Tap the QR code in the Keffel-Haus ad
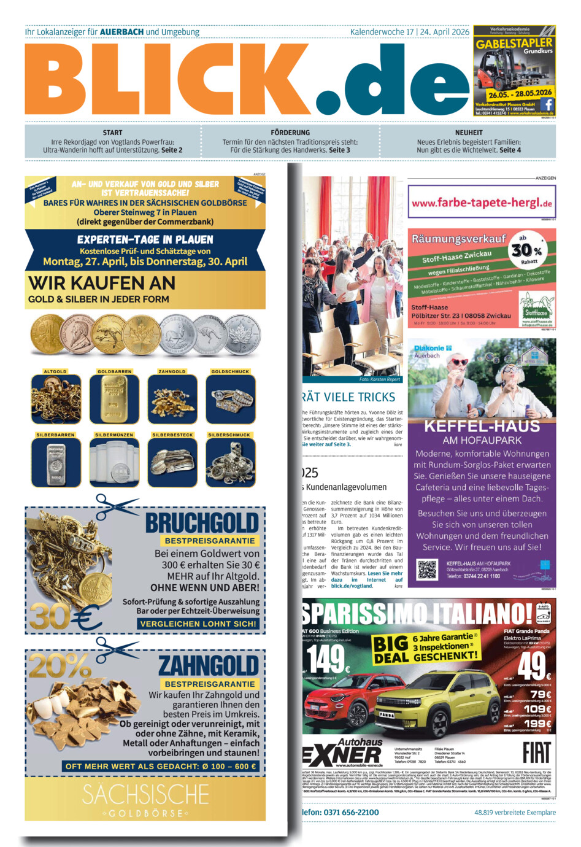(427, 570)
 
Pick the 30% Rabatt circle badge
(526, 249)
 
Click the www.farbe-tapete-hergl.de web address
(482, 203)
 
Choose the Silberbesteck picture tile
(172, 462)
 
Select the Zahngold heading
(209, 666)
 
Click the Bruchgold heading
(202, 523)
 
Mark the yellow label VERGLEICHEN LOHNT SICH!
(198, 624)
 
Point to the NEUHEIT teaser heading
(469, 133)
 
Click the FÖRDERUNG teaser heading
(290, 133)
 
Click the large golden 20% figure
(60, 665)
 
